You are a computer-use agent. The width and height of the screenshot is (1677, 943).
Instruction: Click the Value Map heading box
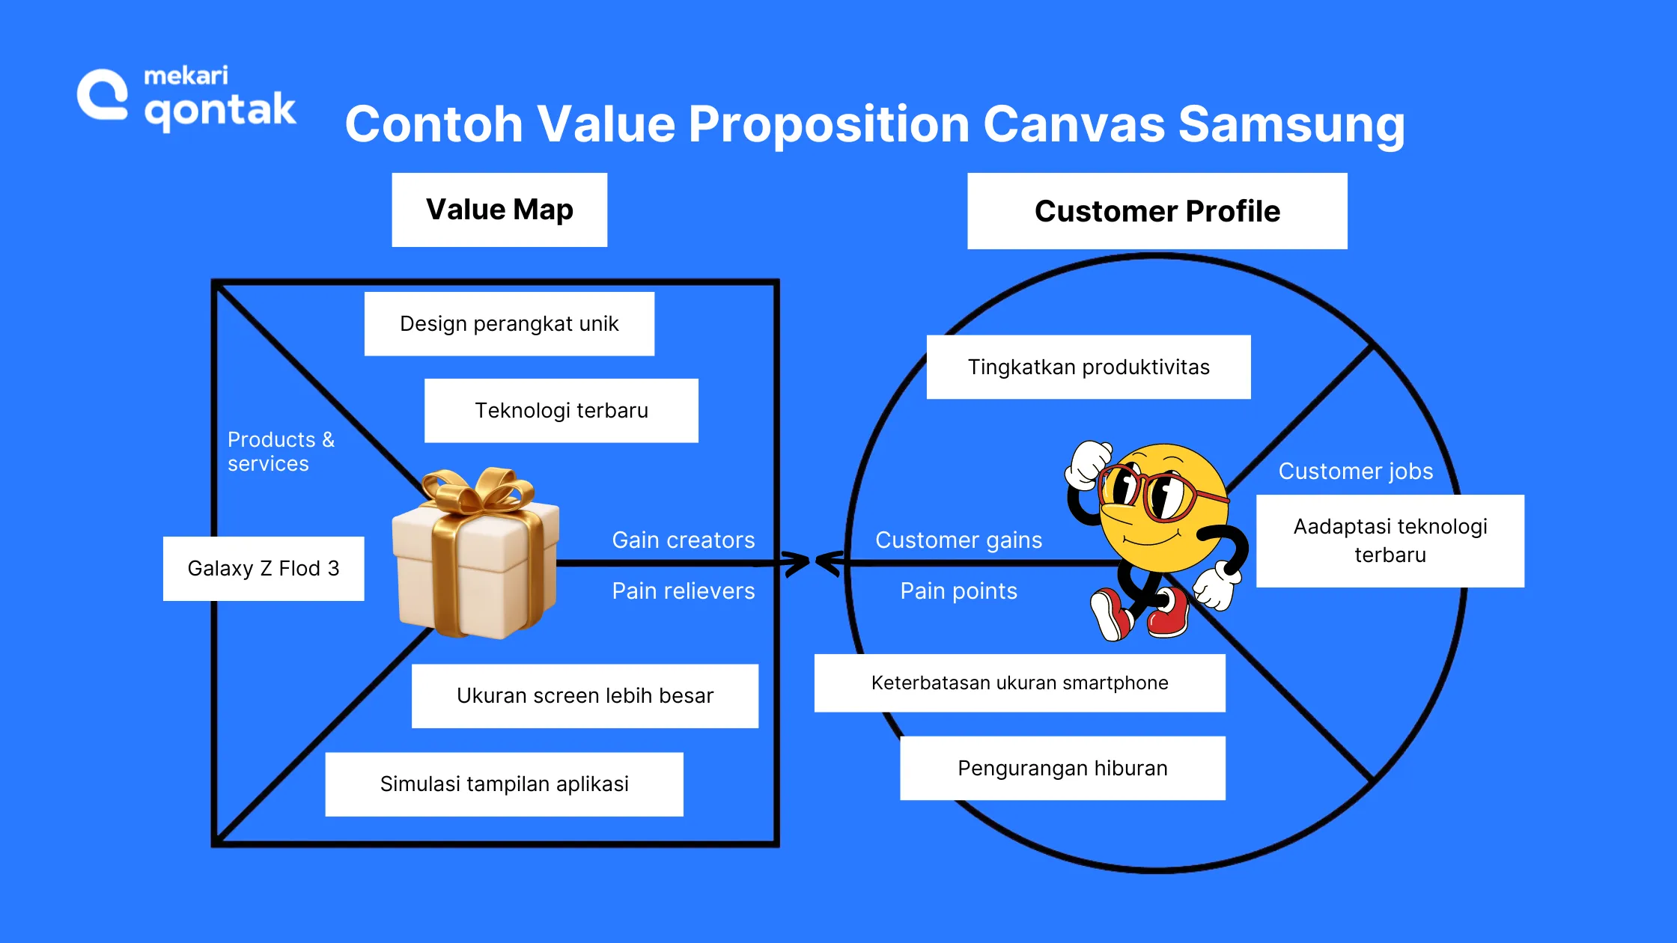[x=499, y=210]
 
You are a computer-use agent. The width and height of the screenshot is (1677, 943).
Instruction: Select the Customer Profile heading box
[x=1157, y=211]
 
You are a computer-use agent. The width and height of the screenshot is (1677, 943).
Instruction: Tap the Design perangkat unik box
[x=509, y=323]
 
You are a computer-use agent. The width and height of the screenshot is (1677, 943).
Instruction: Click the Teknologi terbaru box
[x=561, y=410]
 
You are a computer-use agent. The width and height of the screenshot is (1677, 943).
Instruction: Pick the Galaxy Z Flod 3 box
[x=264, y=568]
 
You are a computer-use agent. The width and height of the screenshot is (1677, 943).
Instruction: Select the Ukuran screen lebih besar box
[x=585, y=695]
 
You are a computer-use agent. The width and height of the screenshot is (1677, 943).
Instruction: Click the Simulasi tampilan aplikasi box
[x=504, y=784]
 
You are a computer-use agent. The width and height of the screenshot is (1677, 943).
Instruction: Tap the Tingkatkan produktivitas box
[x=1088, y=367]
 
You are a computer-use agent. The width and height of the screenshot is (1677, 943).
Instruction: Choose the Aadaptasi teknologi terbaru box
[x=1390, y=540]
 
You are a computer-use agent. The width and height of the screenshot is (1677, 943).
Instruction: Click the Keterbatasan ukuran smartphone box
[x=1019, y=683]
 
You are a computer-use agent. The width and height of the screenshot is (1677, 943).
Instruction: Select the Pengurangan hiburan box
[x=1062, y=768]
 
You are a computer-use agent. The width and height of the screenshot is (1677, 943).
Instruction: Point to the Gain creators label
[x=683, y=540]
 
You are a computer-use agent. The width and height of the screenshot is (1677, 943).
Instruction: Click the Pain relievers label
[x=683, y=590]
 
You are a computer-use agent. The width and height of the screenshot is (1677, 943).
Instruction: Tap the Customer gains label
[x=958, y=540]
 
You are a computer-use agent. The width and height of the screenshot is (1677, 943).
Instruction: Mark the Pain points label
[x=958, y=590]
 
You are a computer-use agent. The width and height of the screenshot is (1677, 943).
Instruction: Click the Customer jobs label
[x=1355, y=471]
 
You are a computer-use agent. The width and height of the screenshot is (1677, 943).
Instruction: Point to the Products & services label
[x=281, y=451]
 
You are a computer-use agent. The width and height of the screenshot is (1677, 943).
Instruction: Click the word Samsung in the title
[x=1291, y=123]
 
